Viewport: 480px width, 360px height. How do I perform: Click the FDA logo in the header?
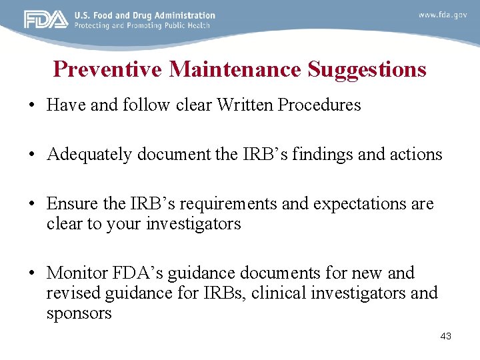[46, 20]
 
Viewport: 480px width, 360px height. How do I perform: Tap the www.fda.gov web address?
[443, 15]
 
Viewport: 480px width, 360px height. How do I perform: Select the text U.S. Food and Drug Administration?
[145, 15]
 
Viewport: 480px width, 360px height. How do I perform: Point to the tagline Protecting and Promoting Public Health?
[142, 25]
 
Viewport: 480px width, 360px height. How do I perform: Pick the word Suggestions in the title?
[366, 69]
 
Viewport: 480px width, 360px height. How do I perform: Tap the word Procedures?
[319, 105]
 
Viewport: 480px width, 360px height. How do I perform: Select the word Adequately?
[89, 155]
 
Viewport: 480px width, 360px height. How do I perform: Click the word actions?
[414, 155]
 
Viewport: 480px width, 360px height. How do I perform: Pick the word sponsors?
[79, 313]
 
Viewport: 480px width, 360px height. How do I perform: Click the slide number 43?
[446, 336]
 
